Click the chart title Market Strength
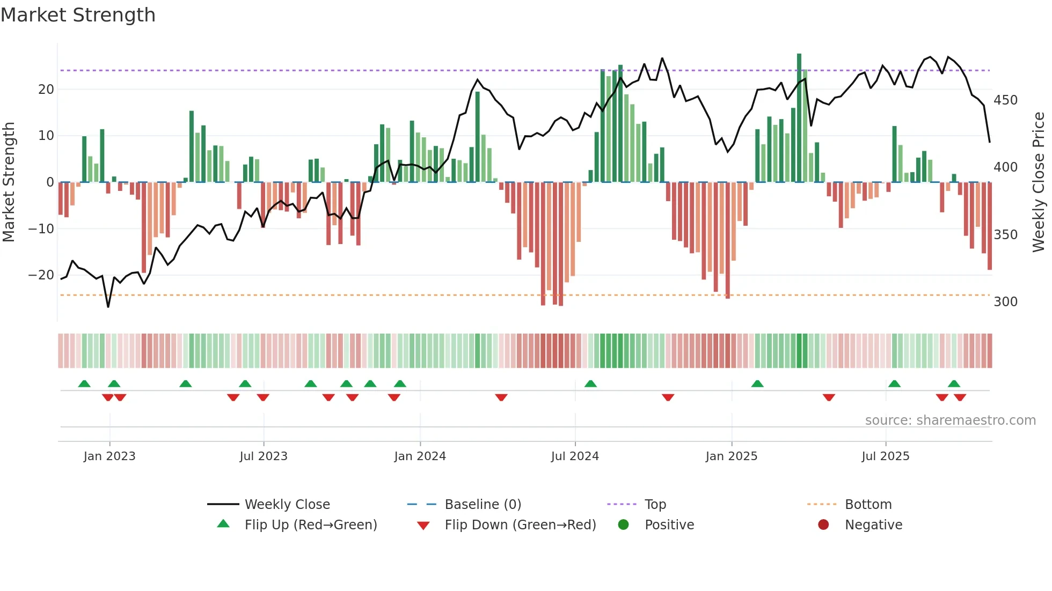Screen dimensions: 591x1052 [78, 15]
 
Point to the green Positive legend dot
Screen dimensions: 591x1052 [623, 524]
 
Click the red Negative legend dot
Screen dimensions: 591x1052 [823, 524]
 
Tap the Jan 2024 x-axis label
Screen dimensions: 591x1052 [420, 456]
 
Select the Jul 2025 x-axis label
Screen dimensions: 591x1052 [885, 456]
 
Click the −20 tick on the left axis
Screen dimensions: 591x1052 [41, 275]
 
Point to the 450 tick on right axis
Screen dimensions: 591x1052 [1005, 100]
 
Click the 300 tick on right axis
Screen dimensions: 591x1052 [1005, 301]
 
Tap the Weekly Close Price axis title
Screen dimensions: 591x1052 [1039, 182]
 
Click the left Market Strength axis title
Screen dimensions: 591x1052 [9, 182]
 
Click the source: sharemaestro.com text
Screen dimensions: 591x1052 [950, 420]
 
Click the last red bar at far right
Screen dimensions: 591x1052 [990, 225]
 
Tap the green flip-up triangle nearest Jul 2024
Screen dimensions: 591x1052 [590, 383]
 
